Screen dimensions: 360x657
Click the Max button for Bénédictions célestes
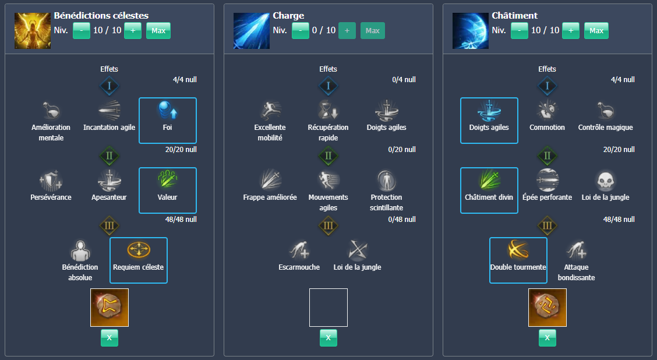pyautogui.click(x=158, y=30)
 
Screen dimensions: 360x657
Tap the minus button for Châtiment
pyautogui.click(x=519, y=30)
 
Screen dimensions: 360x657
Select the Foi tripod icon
pyautogui.click(x=168, y=111)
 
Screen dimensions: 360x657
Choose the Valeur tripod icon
pyautogui.click(x=168, y=180)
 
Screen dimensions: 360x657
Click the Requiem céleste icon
pyautogui.click(x=139, y=250)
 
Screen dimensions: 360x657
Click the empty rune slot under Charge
pyautogui.click(x=328, y=308)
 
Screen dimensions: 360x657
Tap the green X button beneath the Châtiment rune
pyautogui.click(x=547, y=338)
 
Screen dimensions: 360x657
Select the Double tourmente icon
pyautogui.click(x=518, y=250)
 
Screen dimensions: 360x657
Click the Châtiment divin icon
pyautogui.click(x=489, y=180)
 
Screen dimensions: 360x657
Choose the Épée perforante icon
pyautogui.click(x=547, y=180)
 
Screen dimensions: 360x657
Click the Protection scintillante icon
pyautogui.click(x=386, y=180)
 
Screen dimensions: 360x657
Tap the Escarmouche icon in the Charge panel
pyautogui.click(x=299, y=250)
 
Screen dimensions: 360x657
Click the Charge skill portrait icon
pyautogui.click(x=252, y=30)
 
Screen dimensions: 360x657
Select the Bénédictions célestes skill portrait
pyautogui.click(x=33, y=30)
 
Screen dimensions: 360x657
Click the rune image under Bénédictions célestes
pyautogui.click(x=110, y=308)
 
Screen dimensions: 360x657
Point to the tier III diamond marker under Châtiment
pyautogui.click(x=547, y=225)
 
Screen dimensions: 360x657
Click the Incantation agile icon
pyautogui.click(x=110, y=111)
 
